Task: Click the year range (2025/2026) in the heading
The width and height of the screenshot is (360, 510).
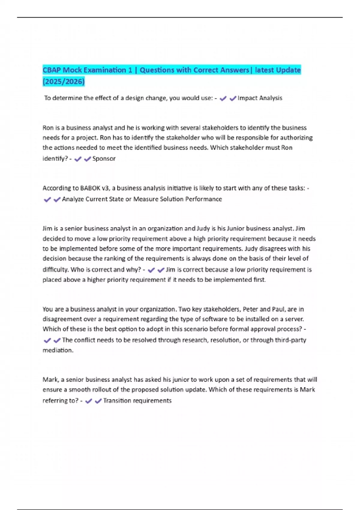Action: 64,82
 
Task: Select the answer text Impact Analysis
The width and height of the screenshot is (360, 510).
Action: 260,98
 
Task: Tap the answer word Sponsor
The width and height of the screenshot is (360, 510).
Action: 104,159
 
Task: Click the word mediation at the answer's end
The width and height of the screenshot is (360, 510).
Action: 58,350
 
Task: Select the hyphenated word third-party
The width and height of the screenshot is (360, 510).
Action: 290,340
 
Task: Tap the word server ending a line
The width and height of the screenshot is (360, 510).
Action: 294,319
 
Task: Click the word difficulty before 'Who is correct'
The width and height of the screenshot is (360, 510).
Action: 55,270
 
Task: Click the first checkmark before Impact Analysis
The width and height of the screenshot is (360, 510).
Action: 223,98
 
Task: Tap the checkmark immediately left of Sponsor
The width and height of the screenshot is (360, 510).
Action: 87,159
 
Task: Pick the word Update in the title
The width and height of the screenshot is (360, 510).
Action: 288,70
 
